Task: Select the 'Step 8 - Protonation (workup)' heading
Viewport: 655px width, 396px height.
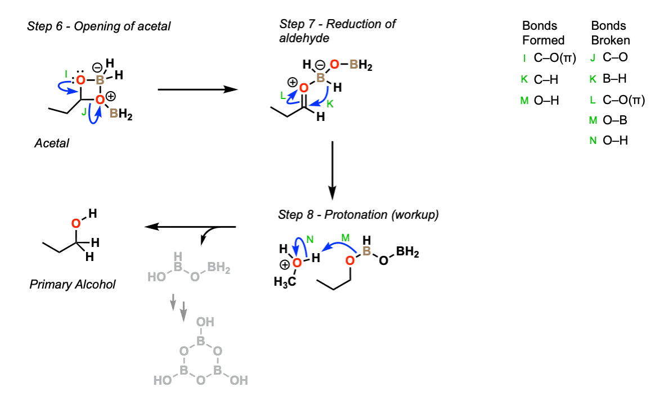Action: (358, 215)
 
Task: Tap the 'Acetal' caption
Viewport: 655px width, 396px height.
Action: (51, 143)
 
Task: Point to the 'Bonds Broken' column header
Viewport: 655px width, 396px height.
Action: (610, 33)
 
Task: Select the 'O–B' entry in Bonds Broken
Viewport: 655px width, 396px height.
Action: (615, 120)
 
